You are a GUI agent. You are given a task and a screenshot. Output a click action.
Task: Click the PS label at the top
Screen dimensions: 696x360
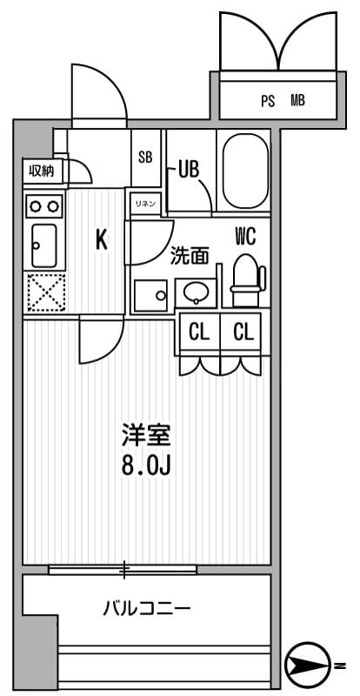pos(268,101)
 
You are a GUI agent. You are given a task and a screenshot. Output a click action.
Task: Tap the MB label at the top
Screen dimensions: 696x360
pos(297,101)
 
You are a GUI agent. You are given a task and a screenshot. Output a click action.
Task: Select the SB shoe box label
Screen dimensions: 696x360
pos(146,157)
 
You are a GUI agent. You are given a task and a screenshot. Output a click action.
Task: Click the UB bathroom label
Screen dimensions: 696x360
pos(189,169)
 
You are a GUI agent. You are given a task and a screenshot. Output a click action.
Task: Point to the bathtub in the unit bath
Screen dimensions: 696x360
pos(246,171)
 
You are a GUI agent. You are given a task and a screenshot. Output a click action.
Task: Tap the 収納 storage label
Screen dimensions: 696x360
pos(41,171)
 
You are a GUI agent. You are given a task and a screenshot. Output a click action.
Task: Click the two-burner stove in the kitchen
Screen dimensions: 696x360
pos(42,206)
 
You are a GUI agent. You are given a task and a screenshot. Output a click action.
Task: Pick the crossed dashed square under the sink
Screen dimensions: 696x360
pos(42,293)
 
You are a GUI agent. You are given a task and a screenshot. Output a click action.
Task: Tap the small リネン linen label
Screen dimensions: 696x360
pos(144,204)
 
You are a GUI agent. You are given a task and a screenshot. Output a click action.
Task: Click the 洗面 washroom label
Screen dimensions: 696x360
pos(189,256)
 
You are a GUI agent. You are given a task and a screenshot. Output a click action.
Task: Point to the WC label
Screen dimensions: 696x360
pos(244,236)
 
